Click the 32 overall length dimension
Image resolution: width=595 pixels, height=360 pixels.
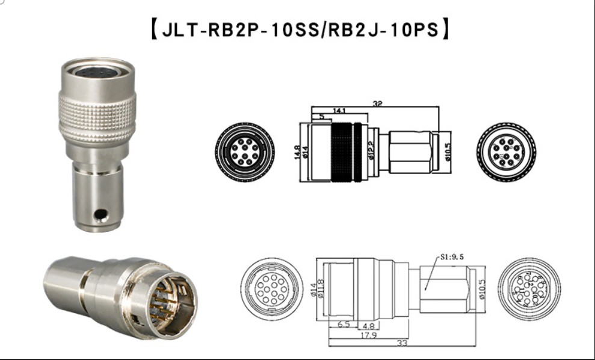click(x=378, y=104)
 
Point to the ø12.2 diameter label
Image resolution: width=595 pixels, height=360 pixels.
click(x=371, y=150)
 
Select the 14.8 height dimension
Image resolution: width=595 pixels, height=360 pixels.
click(x=295, y=151)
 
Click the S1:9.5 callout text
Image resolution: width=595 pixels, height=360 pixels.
click(x=452, y=257)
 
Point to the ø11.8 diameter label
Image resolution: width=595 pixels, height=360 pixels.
click(x=321, y=287)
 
